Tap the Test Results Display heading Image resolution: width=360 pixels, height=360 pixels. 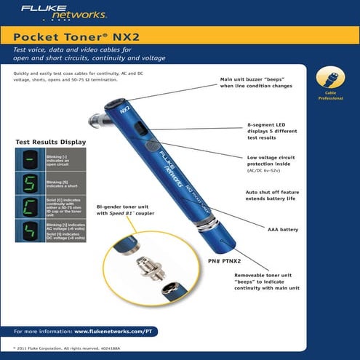pyautogui.click(x=51, y=142)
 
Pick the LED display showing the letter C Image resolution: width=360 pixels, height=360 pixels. pyautogui.click(x=31, y=207)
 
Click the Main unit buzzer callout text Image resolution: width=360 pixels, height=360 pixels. pyautogui.click(x=256, y=83)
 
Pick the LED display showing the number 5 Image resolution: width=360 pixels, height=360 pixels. pyautogui.click(x=31, y=183)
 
